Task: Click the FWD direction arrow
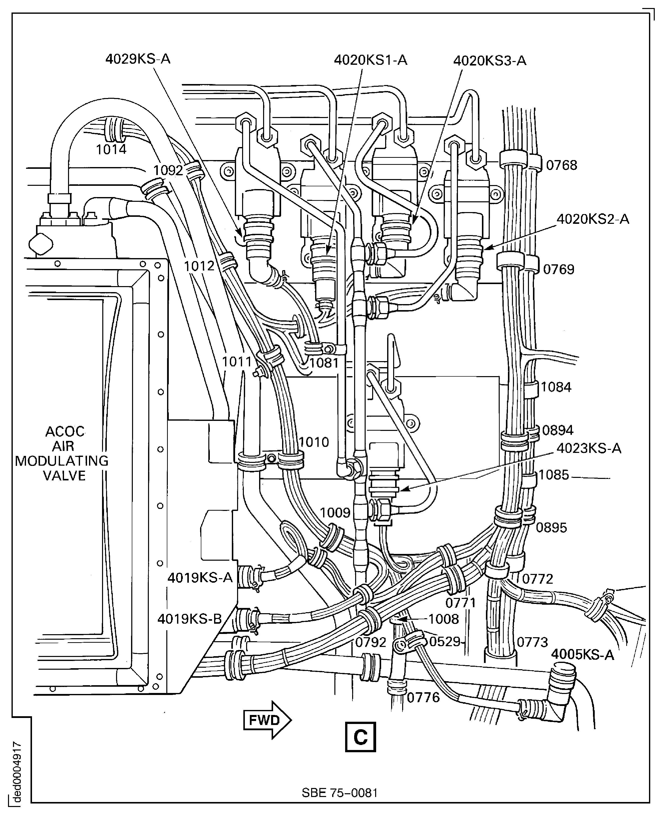(x=267, y=720)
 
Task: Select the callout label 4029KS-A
(x=138, y=59)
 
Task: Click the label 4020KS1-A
(x=370, y=60)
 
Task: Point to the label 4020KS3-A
(x=490, y=61)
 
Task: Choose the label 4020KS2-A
(x=592, y=219)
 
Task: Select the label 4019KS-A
(x=200, y=578)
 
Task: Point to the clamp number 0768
(x=561, y=165)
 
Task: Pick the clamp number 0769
(x=559, y=270)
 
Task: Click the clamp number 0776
(x=423, y=698)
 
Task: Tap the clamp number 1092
(x=168, y=170)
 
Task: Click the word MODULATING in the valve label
(x=62, y=461)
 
